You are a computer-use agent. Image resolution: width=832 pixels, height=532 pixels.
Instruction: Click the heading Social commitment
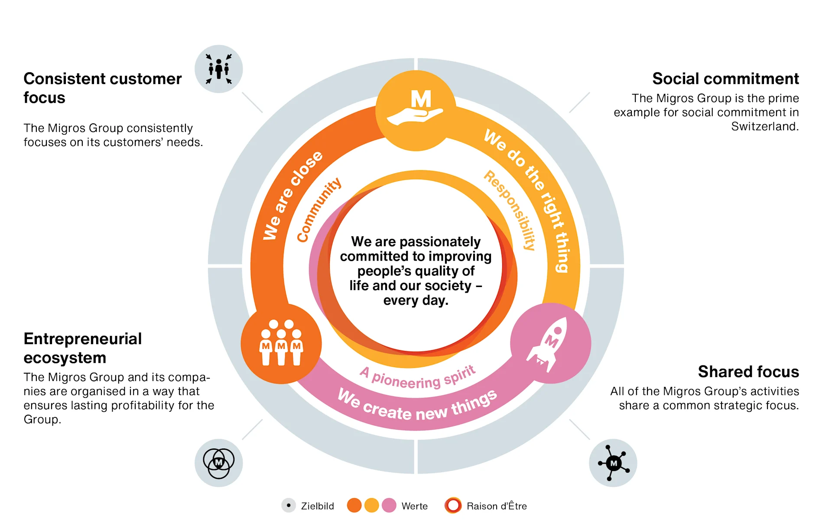[x=725, y=79]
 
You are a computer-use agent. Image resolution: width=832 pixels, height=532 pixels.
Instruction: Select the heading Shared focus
[x=748, y=372]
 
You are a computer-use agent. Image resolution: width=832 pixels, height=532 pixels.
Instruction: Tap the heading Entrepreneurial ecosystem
[x=83, y=348]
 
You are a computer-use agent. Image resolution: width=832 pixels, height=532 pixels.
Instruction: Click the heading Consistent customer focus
[x=102, y=88]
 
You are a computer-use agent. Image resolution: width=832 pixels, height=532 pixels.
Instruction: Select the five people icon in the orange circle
[x=281, y=343]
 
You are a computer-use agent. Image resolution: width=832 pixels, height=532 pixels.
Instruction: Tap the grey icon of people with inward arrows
[x=219, y=69]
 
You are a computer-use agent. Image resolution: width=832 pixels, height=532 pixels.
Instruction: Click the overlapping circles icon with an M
[x=219, y=463]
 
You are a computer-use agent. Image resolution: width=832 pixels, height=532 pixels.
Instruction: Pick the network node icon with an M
[x=613, y=463]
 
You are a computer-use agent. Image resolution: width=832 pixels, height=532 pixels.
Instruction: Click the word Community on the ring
[x=319, y=210]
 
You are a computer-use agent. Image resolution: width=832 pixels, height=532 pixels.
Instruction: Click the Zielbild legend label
[x=317, y=506]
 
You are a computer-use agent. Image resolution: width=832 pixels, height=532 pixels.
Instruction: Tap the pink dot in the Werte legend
[x=389, y=506]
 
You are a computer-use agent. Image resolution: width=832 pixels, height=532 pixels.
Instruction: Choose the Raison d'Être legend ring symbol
[x=453, y=506]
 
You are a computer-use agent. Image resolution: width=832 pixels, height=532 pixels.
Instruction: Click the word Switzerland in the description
[x=764, y=126]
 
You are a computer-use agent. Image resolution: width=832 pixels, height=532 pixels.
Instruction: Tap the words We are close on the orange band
[x=293, y=195]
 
